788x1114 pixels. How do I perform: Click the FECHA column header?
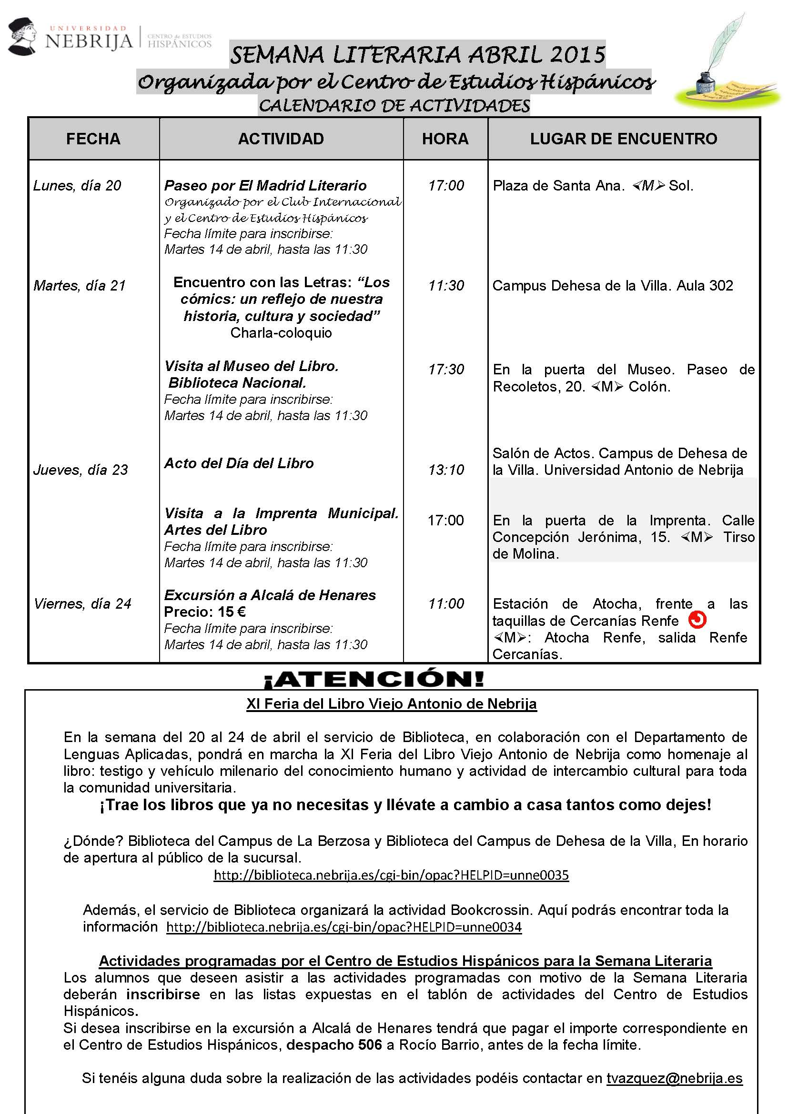(x=93, y=139)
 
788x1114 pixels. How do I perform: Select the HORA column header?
(x=445, y=139)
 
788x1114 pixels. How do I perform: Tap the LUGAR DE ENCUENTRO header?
(x=624, y=139)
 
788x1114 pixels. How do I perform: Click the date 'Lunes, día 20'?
(x=77, y=185)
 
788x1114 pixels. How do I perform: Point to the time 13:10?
(x=446, y=470)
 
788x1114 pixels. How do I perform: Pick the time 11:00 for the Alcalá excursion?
(x=446, y=603)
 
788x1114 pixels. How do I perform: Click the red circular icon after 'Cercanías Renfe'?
(x=697, y=620)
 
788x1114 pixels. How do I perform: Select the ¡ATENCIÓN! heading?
(x=374, y=679)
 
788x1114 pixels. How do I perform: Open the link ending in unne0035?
(x=391, y=875)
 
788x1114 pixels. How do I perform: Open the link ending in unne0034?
(x=343, y=927)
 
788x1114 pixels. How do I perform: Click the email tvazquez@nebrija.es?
(x=675, y=1078)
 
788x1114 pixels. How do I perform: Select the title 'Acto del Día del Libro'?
(x=239, y=463)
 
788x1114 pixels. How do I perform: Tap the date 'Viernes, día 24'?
(x=82, y=603)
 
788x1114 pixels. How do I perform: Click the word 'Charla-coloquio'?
(x=281, y=333)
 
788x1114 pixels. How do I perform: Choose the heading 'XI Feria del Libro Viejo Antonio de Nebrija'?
(x=391, y=704)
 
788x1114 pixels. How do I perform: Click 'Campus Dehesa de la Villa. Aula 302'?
(x=612, y=285)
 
